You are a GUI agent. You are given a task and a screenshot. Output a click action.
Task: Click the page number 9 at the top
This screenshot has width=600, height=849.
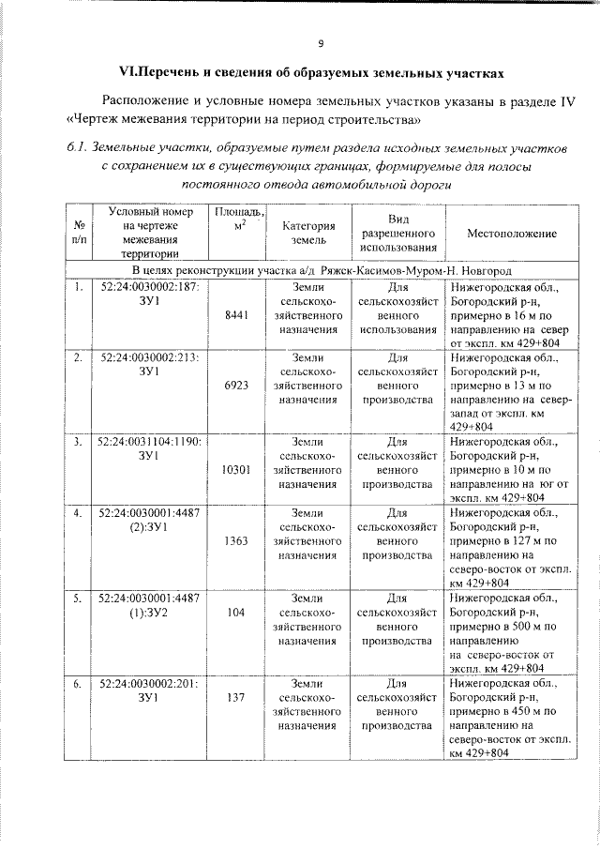tap(321, 42)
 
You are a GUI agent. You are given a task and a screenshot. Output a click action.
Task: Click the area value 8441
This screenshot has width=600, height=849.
tap(237, 317)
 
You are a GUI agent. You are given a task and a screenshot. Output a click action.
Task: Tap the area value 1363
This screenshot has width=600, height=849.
tap(237, 541)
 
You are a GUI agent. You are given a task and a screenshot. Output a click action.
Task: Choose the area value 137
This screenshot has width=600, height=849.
tap(237, 697)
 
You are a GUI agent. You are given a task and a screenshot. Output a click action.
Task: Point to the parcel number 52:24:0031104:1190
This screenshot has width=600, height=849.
tap(148, 441)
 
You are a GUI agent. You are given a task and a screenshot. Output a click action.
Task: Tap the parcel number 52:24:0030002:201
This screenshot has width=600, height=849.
tap(148, 683)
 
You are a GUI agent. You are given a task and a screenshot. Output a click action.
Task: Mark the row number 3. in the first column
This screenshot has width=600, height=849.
tap(79, 441)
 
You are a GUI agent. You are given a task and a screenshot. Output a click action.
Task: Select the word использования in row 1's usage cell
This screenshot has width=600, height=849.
tap(397, 330)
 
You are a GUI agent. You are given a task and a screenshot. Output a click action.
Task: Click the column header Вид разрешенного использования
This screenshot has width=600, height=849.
tap(397, 233)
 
